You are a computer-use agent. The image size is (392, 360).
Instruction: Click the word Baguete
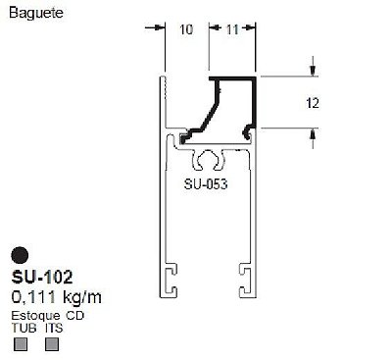click(36, 13)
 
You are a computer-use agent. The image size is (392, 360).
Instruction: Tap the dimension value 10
click(186, 29)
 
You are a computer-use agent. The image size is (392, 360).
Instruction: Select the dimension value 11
click(232, 29)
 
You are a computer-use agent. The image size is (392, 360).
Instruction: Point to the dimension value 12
click(313, 103)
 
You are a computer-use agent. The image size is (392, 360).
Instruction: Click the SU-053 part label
click(206, 184)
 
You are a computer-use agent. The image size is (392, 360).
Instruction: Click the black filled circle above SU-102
click(20, 255)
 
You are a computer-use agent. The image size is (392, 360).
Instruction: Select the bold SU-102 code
click(42, 278)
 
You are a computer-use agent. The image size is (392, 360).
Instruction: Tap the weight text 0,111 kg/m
click(56, 297)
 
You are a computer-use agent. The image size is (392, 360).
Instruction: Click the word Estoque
click(35, 316)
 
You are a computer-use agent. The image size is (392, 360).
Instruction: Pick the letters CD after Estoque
click(75, 316)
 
